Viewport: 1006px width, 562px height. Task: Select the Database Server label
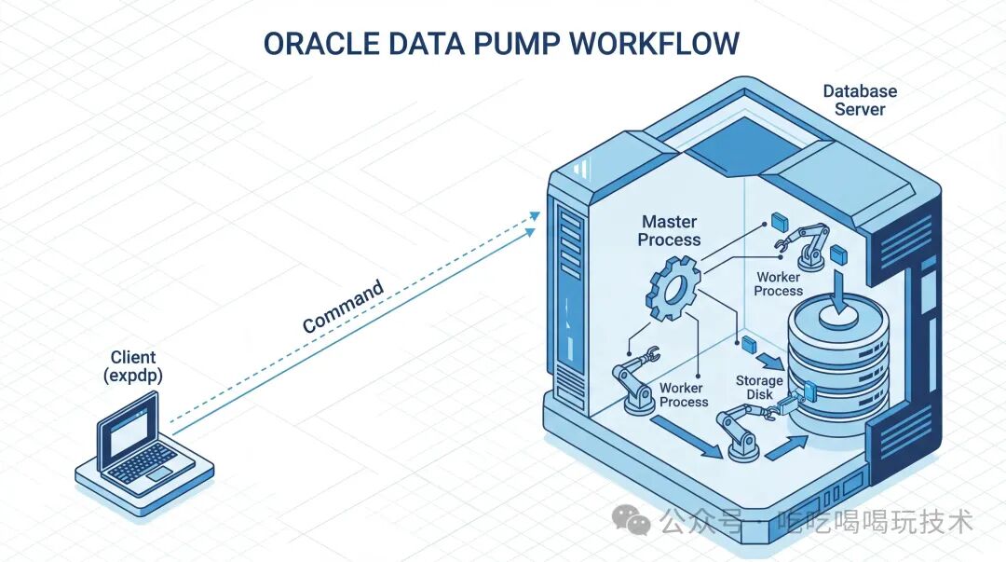pyautogui.click(x=860, y=100)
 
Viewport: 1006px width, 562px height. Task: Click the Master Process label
pyautogui.click(x=669, y=230)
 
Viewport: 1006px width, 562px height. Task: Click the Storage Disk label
pyautogui.click(x=759, y=387)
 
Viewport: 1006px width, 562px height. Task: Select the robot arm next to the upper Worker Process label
pyautogui.click(x=808, y=243)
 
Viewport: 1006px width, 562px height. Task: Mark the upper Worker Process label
pyautogui.click(x=778, y=283)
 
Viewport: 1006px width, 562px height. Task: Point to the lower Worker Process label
pyautogui.click(x=684, y=394)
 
